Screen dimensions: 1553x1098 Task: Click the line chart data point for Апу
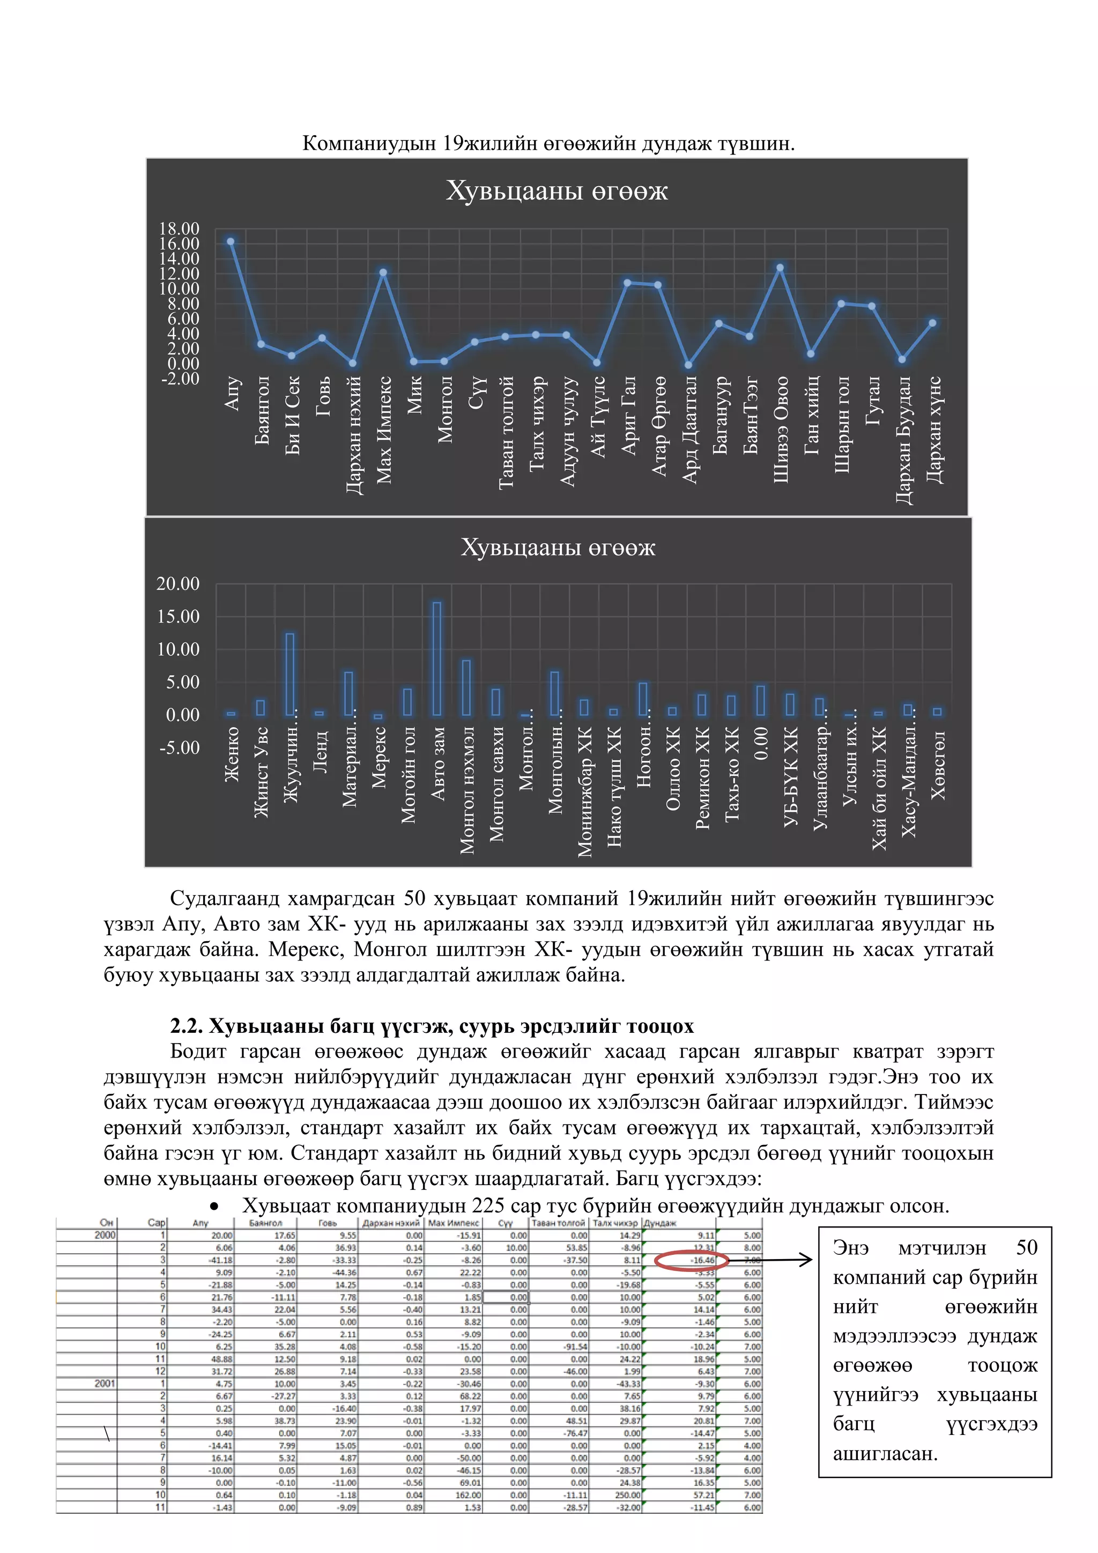231,241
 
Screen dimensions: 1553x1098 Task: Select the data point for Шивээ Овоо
780,268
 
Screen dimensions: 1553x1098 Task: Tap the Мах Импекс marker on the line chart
383,272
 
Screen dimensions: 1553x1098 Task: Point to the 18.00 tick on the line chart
179,228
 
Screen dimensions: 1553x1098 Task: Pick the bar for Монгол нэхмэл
466,687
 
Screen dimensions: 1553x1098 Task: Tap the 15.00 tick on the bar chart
179,616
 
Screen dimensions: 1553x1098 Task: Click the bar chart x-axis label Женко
232,754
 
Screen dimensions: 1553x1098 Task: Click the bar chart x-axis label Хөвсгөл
938,764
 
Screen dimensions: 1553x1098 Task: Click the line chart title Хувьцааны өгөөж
557,191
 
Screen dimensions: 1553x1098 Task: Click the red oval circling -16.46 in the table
692,1260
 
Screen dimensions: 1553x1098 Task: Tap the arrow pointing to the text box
771,1260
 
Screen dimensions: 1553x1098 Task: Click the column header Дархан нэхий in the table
391,1223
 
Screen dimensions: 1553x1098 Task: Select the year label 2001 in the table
105,1383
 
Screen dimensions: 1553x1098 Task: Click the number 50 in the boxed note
1026,1247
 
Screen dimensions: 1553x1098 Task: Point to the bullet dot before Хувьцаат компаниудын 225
214,1206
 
